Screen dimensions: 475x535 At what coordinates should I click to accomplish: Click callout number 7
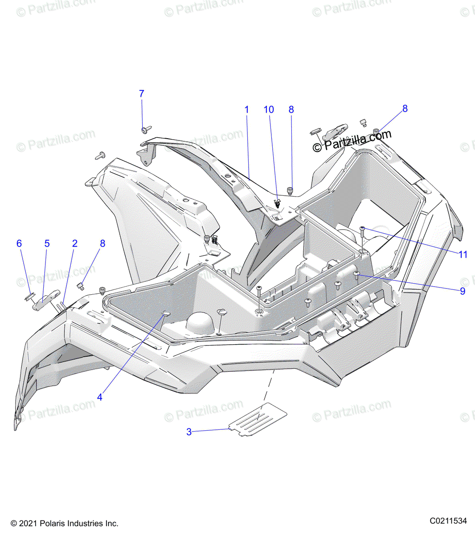142,94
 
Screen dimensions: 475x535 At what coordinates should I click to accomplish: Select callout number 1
246,110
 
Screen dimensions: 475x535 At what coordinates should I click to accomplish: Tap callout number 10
269,110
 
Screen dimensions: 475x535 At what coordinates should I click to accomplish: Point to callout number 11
463,255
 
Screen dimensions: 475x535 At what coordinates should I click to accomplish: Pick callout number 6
19,243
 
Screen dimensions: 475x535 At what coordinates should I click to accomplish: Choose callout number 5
47,243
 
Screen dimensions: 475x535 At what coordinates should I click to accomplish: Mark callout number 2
75,243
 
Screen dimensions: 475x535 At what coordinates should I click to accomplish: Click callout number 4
100,397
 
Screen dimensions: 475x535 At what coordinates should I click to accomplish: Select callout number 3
189,432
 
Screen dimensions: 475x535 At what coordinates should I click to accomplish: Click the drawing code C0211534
448,521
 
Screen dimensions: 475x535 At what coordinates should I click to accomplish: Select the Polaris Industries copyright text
64,523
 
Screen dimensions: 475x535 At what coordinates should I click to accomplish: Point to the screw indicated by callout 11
362,229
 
